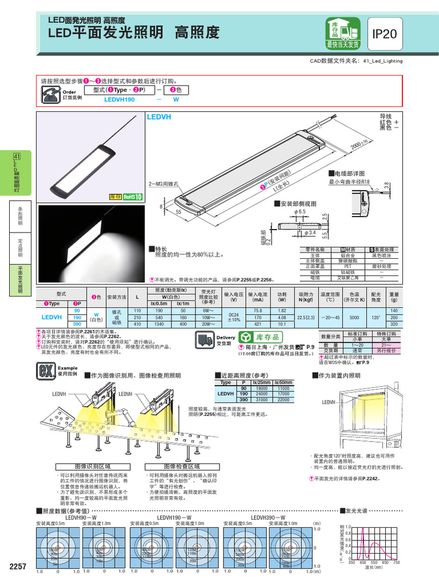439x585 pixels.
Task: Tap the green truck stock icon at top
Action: [343, 33]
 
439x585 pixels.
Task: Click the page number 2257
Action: [18, 566]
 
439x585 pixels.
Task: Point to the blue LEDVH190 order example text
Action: [119, 99]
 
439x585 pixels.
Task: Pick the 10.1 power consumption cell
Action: [282, 324]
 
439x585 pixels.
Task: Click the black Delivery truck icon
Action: [204, 340]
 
